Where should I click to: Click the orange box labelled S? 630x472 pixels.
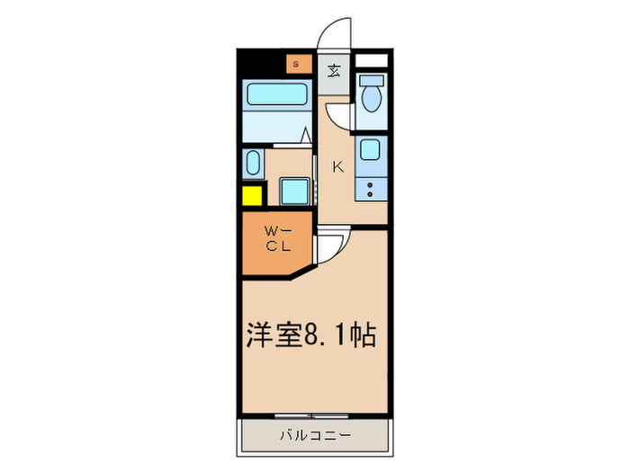point(296,63)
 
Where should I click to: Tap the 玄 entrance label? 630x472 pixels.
point(334,70)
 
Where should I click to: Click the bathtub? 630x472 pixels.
point(276,96)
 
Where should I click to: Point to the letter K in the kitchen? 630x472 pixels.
point(338,166)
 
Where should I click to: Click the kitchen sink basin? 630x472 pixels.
point(370,149)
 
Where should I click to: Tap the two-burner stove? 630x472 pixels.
point(370,190)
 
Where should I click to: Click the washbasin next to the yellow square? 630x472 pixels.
point(252,165)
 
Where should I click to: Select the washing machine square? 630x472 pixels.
point(293,191)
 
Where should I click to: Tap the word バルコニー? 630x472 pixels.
point(314,435)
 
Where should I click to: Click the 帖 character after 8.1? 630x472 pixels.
point(362,335)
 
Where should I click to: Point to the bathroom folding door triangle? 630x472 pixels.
point(306,138)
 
